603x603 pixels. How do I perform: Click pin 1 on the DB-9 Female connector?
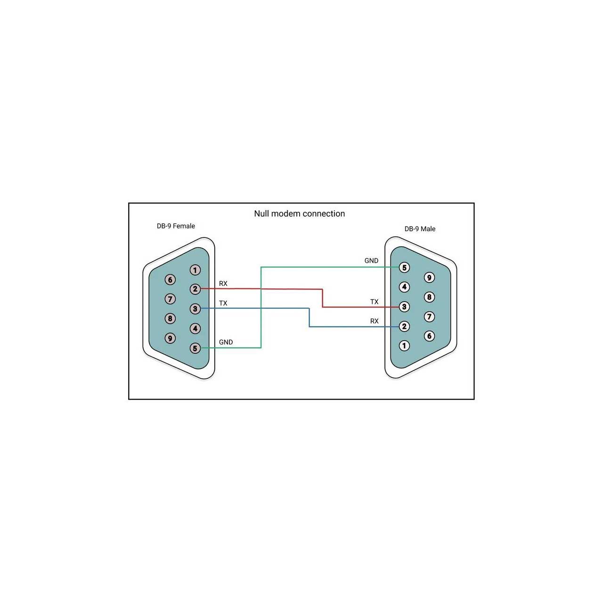click(195, 270)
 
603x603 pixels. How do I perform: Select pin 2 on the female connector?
click(195, 289)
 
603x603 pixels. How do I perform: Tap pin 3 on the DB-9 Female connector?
click(195, 309)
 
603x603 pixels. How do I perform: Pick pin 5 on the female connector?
click(195, 348)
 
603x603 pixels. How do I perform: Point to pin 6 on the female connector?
click(170, 279)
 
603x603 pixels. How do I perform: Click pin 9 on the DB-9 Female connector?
click(170, 338)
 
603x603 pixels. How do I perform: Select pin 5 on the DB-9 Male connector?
click(404, 268)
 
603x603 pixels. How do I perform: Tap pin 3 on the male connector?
click(404, 307)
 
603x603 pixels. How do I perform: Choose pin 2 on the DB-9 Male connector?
click(404, 326)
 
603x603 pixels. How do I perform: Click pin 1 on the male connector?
click(404, 345)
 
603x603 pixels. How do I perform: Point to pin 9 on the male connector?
click(429, 277)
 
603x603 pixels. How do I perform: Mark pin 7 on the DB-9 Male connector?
click(429, 317)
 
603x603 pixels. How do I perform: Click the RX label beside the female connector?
click(223, 284)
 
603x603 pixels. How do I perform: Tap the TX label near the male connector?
click(374, 301)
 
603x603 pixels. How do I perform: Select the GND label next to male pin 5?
click(371, 261)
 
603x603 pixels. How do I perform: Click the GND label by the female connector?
click(226, 342)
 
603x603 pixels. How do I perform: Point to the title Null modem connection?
click(300, 214)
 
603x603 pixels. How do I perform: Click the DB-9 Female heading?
click(176, 226)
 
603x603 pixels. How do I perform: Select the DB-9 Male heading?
click(420, 229)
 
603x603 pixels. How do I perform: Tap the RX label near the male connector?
click(374, 321)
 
